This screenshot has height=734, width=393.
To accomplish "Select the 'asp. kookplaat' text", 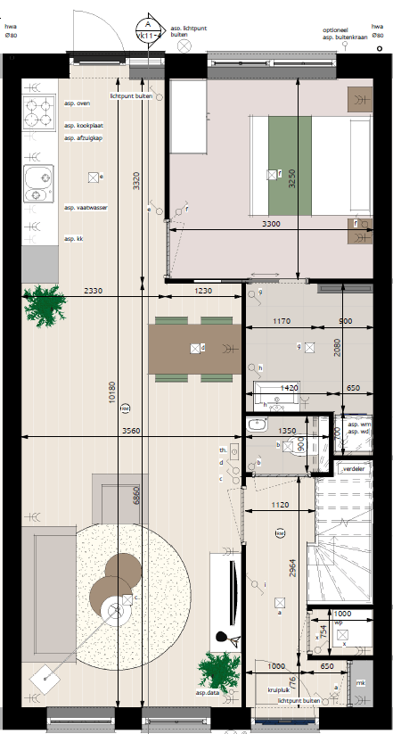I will (x=81, y=127).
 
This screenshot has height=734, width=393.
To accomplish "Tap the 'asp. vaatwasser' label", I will (x=83, y=208).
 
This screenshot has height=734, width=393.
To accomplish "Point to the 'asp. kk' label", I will (x=73, y=239).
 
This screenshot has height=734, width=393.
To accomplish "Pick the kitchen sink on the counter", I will (x=38, y=185).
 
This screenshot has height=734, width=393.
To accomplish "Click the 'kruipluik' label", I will (x=279, y=689).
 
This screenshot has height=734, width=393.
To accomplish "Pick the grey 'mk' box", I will (x=360, y=684).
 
